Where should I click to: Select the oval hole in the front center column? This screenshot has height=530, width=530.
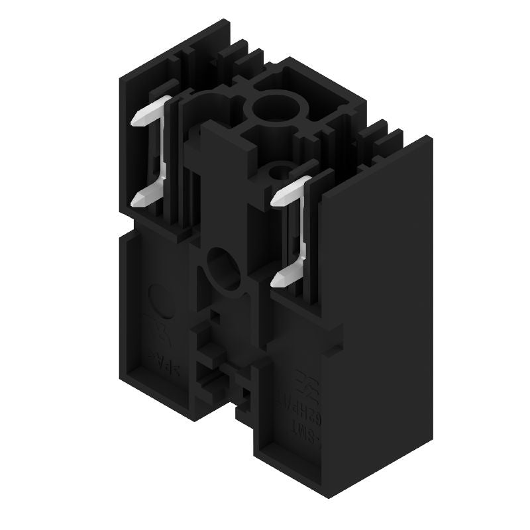click(x=223, y=268)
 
